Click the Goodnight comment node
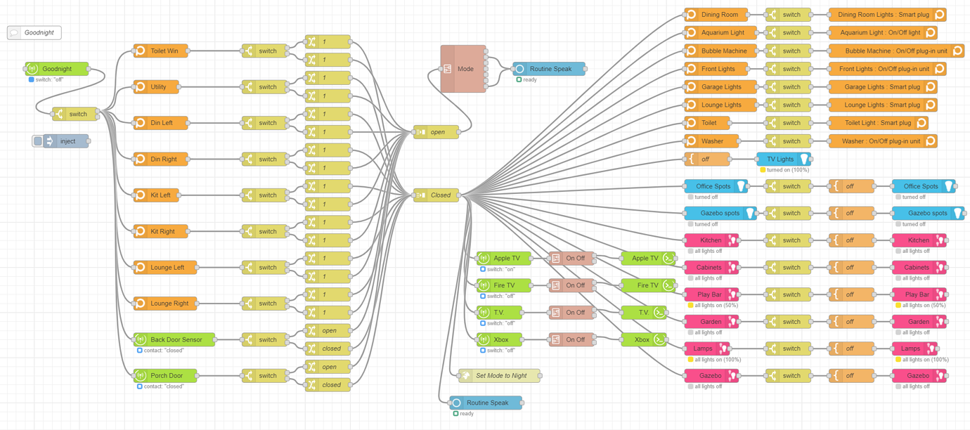(34, 32)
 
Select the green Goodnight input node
(58, 69)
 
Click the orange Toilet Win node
(161, 51)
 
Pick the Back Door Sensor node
(174, 339)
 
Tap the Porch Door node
(166, 376)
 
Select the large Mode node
(463, 69)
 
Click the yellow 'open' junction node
(436, 132)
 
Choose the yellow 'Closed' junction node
(436, 195)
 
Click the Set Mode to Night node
(499, 376)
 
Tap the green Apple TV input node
(504, 259)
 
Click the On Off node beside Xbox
(571, 339)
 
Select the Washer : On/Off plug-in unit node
(882, 141)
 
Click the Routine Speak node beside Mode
(549, 69)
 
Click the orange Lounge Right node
(166, 304)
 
